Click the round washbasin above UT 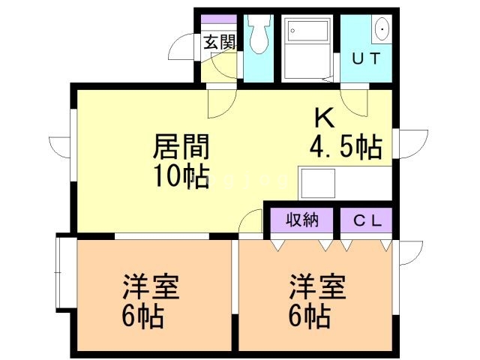[382, 30]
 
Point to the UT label [366, 58]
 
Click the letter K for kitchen [323, 118]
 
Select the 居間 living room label [181, 145]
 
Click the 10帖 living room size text [181, 177]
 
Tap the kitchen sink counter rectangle [317, 182]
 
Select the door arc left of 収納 [250, 220]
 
